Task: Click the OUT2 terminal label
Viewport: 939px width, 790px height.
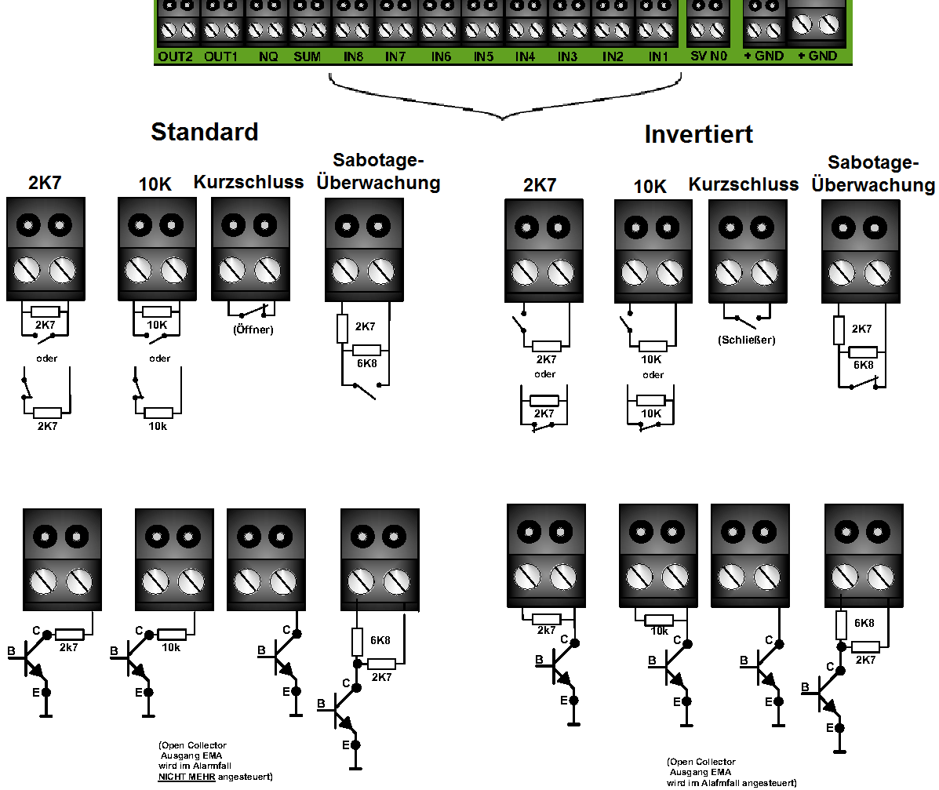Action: click(176, 56)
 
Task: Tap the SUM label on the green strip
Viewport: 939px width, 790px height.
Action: click(308, 56)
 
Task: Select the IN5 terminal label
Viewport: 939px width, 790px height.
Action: click(483, 56)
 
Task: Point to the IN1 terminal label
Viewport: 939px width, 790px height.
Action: click(658, 56)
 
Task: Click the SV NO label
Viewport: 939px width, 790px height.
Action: click(708, 56)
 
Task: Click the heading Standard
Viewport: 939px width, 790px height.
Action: click(205, 132)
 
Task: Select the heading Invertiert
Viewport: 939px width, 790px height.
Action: click(699, 134)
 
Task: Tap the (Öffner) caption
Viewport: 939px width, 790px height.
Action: click(253, 329)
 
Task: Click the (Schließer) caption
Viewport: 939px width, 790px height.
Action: click(747, 340)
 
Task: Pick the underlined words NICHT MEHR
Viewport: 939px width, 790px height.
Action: click(186, 777)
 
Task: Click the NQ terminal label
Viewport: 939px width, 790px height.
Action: click(268, 56)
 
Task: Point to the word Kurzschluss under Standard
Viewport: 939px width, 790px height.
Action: click(249, 182)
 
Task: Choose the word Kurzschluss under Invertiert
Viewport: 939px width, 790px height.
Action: click(744, 184)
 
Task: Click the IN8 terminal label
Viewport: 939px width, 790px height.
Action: click(353, 56)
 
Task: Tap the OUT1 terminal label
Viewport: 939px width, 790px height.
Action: click(221, 56)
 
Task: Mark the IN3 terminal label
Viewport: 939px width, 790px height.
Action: click(567, 56)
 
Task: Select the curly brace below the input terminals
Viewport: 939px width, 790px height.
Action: click(502, 115)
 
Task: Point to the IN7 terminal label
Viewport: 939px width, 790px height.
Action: click(395, 56)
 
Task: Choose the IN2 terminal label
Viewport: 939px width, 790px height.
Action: click(613, 56)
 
